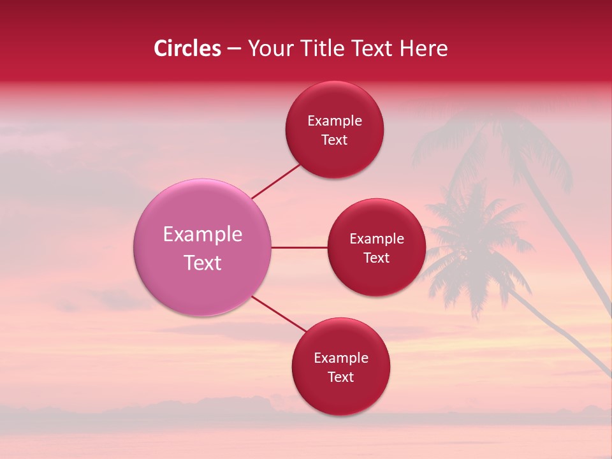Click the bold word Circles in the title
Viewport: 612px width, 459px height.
[x=187, y=48]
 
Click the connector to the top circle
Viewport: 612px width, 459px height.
[x=275, y=182]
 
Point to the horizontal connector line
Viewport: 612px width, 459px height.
[x=299, y=247]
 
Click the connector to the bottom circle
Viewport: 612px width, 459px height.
[x=279, y=314]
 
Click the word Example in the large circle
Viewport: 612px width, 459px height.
[x=203, y=235]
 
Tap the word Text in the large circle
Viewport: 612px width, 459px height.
[x=203, y=263]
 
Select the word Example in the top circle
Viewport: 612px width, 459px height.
[x=335, y=121]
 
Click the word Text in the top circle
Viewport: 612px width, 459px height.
[x=335, y=140]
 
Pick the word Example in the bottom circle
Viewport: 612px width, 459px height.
[x=341, y=358]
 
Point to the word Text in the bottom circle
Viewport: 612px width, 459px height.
[x=341, y=377]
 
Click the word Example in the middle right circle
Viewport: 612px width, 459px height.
[x=377, y=239]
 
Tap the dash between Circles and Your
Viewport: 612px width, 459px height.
[x=234, y=48]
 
